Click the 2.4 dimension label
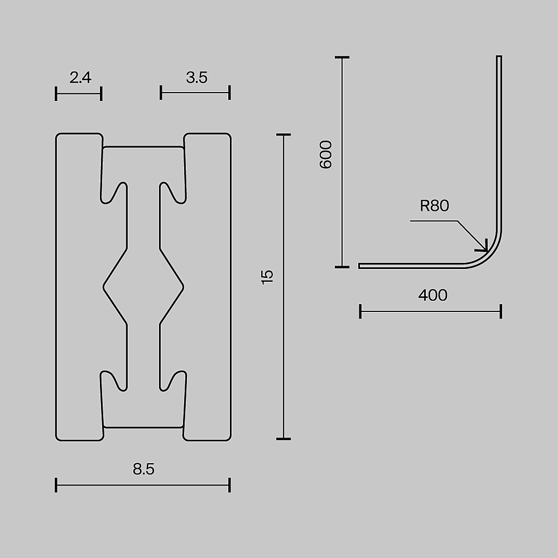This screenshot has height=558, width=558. [80, 77]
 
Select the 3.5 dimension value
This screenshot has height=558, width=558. [196, 77]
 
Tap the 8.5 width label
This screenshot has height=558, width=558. [144, 469]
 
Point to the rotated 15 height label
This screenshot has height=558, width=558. [267, 277]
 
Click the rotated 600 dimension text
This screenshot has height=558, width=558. [326, 155]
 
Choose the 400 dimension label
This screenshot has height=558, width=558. [433, 295]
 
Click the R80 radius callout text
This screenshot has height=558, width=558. [435, 206]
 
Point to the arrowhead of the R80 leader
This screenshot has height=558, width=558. [486, 249]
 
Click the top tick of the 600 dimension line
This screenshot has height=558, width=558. [342, 57]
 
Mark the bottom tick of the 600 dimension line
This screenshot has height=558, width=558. [342, 267]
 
